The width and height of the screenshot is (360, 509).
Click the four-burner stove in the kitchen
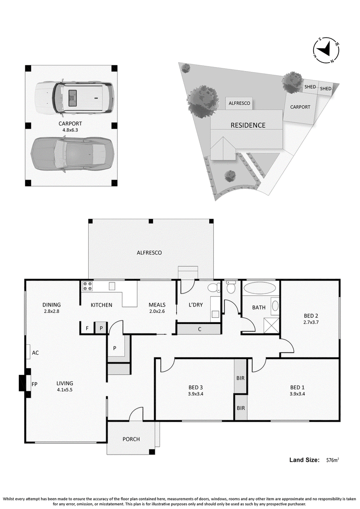[x=88, y=286]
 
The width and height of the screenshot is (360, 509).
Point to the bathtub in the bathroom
[x=259, y=288]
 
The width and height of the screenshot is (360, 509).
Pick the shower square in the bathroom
[x=271, y=325]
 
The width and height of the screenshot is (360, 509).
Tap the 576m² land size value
[x=333, y=460]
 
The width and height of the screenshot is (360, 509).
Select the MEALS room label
[x=157, y=305]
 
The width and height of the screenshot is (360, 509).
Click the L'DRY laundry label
[x=195, y=305]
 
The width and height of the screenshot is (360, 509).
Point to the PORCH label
[x=131, y=439]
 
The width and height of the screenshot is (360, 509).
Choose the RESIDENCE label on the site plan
[x=248, y=125]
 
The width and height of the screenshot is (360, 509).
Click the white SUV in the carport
[x=75, y=97]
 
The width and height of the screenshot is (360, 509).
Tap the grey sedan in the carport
[x=72, y=153]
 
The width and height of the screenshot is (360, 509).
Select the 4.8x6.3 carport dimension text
[x=70, y=130]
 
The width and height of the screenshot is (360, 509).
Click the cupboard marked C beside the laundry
[x=199, y=329]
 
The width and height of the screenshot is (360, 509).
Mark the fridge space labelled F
[x=87, y=328]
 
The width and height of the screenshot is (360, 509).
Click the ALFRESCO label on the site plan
[x=239, y=103]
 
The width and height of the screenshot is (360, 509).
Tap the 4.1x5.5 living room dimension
[x=65, y=390]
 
